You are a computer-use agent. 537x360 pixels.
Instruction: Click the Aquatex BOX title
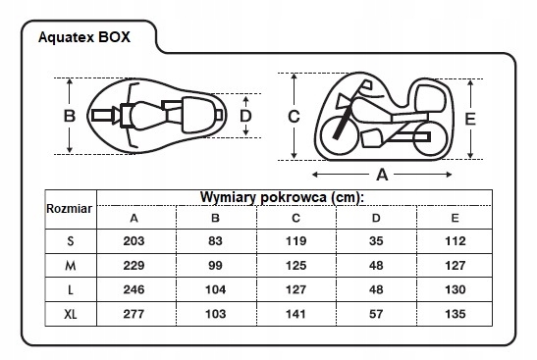pos(84,37)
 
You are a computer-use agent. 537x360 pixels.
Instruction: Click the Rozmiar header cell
pos(69,208)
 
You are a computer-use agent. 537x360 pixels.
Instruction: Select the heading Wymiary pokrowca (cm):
pos(282,197)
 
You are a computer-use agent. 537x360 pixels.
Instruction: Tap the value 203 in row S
pos(134,241)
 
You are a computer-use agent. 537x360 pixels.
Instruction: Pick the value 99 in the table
pos(215,265)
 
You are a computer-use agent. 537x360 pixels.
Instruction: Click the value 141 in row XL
pos(295,314)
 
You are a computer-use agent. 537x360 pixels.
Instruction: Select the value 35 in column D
pos(376,241)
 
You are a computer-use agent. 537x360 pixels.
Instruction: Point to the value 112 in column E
pos(456,241)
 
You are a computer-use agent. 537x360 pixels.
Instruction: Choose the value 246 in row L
pos(134,289)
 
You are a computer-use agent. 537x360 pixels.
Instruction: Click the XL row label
pos(71,314)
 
